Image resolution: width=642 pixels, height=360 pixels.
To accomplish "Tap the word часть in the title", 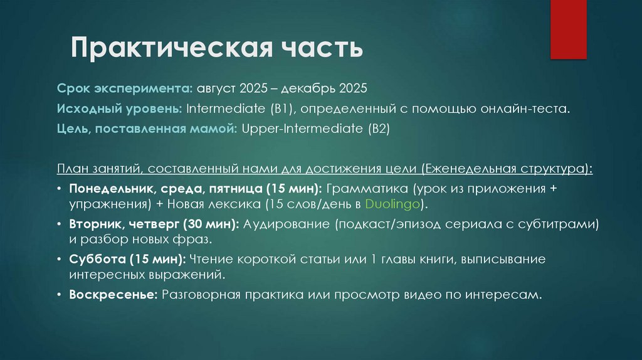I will (318, 49).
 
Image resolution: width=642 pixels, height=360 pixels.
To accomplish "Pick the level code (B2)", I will (376, 129).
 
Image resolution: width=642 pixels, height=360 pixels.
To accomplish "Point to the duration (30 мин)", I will (211, 224).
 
